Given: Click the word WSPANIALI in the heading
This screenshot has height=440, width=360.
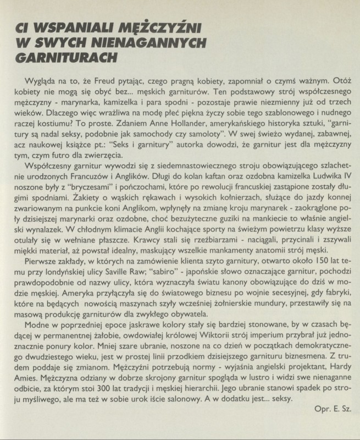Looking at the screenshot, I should point(65,28).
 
